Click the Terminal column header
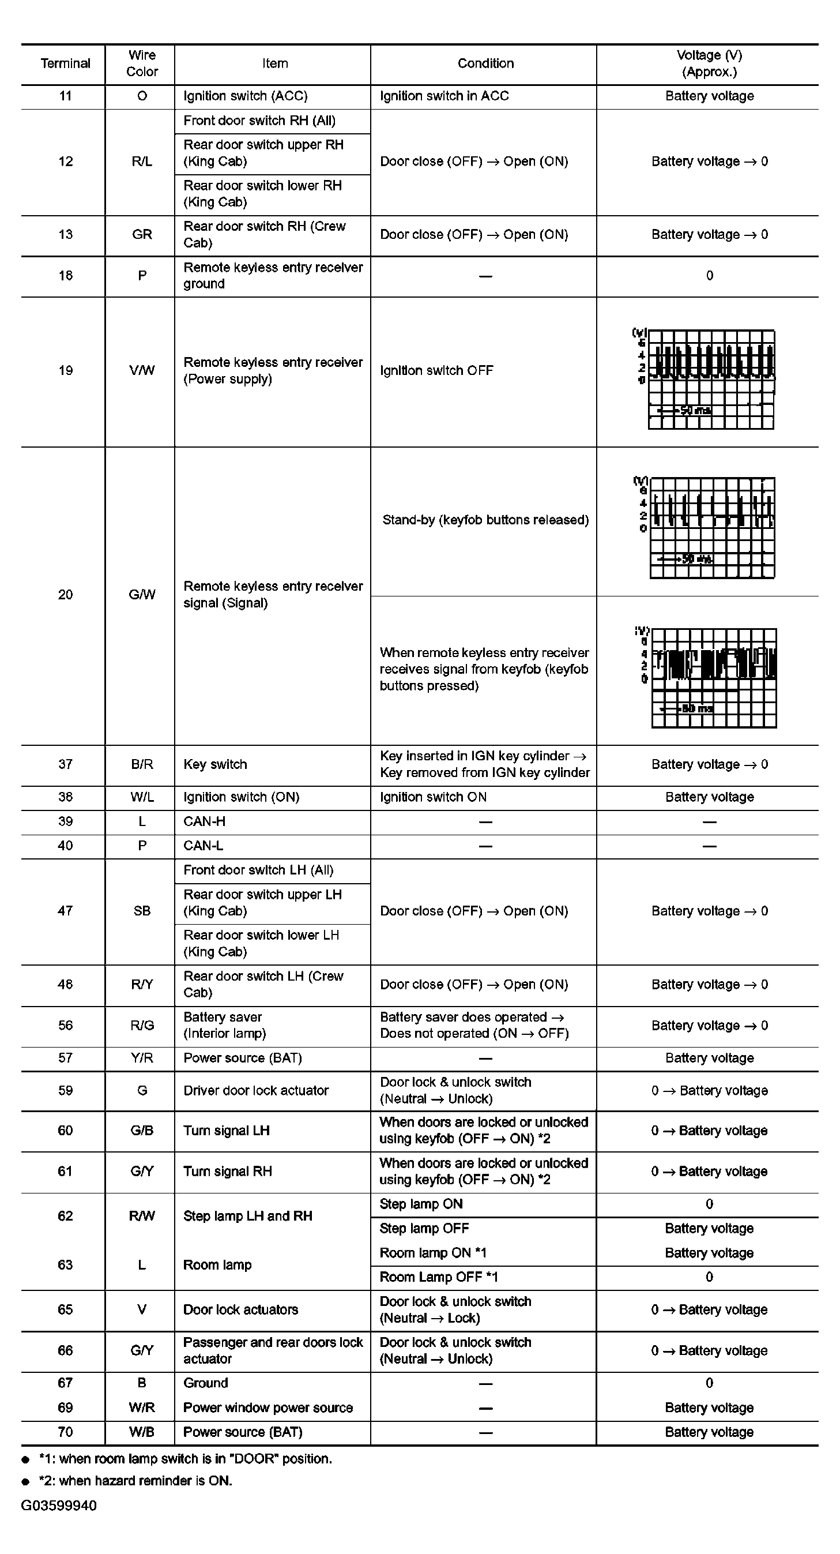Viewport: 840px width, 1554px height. coord(65,63)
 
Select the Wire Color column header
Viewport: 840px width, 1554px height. coord(142,63)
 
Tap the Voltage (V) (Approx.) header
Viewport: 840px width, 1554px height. coord(709,63)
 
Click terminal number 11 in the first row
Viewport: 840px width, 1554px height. coord(65,96)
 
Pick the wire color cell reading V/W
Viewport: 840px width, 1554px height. coord(142,370)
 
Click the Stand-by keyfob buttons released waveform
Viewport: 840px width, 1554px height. coord(711,527)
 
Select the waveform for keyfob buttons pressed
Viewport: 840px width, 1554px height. coord(713,677)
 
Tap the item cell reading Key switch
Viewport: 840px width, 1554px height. coord(215,764)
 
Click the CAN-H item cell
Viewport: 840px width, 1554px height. coord(205,821)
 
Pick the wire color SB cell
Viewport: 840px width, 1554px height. coord(142,911)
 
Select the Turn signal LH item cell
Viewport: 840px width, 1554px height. coord(226,1131)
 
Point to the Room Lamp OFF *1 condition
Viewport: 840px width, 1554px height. coord(438,1277)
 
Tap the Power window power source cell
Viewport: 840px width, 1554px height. coord(268,1408)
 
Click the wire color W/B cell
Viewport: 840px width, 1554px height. coord(142,1432)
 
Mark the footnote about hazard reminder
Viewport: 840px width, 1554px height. coord(135,1480)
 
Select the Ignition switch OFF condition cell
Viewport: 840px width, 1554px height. coord(436,370)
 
